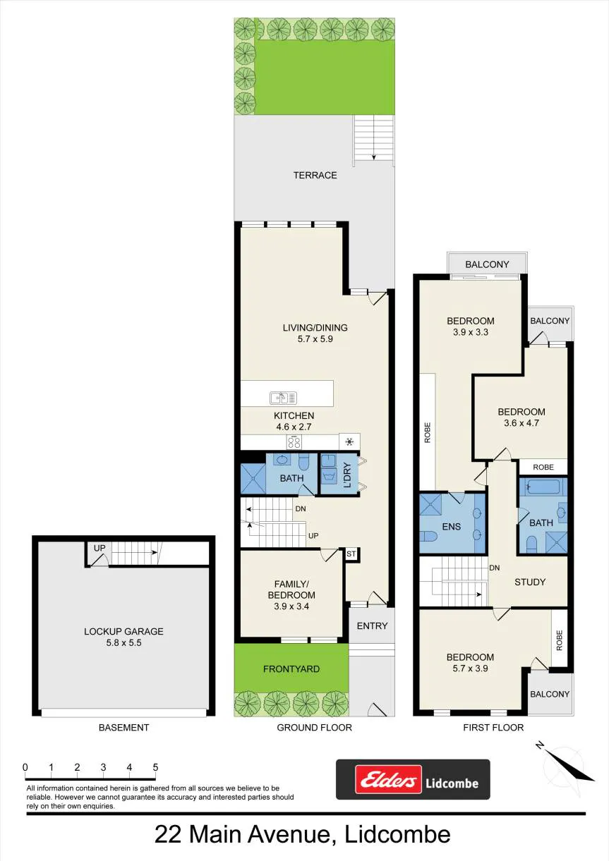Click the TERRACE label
(x=315, y=176)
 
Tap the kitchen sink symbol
(x=284, y=398)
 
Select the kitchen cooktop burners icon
(x=294, y=442)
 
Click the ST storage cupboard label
(x=351, y=554)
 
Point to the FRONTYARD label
(x=291, y=668)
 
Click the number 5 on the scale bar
(x=155, y=767)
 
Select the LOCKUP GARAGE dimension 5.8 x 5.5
(x=124, y=642)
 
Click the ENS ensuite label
(x=451, y=527)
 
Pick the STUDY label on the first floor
(x=530, y=582)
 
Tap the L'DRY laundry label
(x=347, y=475)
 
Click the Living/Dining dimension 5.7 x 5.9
(x=315, y=338)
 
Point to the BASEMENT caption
(x=124, y=727)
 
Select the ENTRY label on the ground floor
(x=372, y=625)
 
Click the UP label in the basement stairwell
(x=100, y=548)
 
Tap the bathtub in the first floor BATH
(x=543, y=487)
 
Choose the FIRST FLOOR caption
(x=493, y=727)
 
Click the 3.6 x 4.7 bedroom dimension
(x=521, y=423)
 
